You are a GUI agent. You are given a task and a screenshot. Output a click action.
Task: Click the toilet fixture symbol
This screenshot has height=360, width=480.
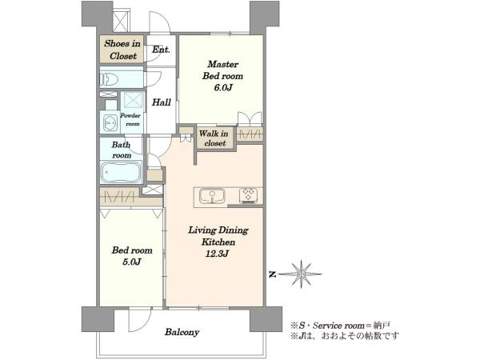click(x=110, y=79)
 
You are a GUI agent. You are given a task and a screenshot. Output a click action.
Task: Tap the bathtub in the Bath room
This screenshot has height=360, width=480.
click(x=122, y=172)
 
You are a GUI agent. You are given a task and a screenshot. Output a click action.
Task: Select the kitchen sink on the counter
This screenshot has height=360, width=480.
click(x=212, y=196)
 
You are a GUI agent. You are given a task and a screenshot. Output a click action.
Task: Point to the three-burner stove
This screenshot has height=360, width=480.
click(x=248, y=196)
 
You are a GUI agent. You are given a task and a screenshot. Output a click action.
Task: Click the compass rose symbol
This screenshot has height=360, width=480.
click(x=302, y=274)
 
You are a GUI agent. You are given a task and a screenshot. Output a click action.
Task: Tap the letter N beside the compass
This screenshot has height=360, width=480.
click(x=272, y=274)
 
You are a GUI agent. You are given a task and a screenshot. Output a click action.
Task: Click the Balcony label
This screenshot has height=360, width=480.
click(x=182, y=332)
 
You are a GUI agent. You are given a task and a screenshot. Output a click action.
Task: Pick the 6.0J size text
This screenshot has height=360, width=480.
click(x=223, y=88)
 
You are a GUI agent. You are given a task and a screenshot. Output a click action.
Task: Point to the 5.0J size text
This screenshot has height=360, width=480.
click(x=131, y=262)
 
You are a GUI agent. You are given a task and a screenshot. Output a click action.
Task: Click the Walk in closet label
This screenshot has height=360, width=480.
click(x=214, y=138)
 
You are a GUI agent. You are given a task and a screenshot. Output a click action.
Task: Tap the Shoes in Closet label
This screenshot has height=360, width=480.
click(x=122, y=50)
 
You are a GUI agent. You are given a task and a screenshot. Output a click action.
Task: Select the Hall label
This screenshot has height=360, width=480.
click(x=162, y=102)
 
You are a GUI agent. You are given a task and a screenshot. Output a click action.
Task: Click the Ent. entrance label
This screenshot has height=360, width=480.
click(x=161, y=50)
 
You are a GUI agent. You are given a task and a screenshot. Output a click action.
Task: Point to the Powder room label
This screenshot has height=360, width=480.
click(x=130, y=120)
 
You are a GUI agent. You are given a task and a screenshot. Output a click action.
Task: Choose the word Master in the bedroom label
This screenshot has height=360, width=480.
click(x=222, y=64)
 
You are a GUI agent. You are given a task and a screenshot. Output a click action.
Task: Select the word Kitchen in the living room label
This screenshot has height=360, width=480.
click(x=218, y=242)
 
